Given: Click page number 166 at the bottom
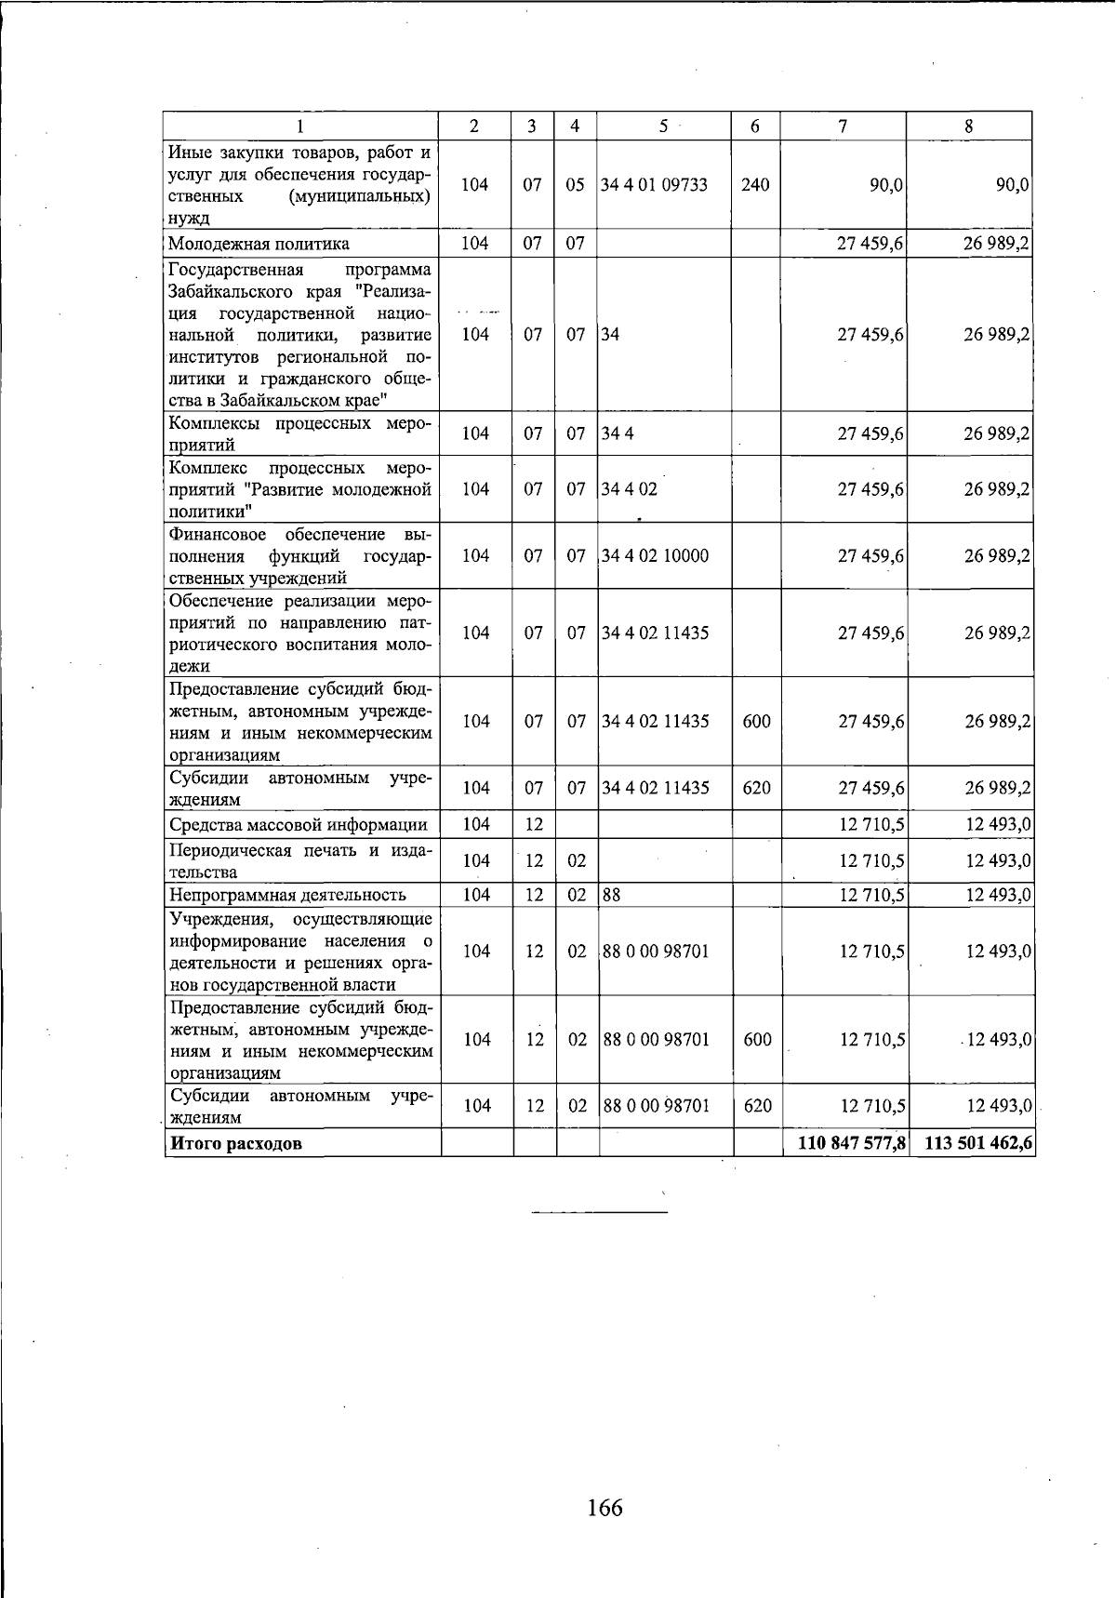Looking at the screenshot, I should [604, 1507].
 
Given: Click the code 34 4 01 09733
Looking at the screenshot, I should [654, 184].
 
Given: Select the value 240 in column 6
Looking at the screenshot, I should [755, 184].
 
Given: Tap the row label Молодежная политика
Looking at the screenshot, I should [259, 244].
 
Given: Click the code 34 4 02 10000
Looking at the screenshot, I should [656, 556].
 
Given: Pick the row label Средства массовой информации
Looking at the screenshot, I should [298, 824].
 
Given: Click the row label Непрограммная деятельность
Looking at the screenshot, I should [287, 895].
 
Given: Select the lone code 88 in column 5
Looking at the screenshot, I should [612, 895].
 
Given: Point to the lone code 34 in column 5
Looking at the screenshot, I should [610, 334].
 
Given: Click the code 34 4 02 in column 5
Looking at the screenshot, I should [630, 489].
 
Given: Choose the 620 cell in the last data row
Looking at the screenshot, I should [757, 1106].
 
